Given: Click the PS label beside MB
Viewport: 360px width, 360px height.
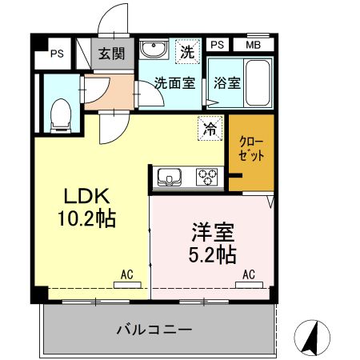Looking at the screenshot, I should [217, 46].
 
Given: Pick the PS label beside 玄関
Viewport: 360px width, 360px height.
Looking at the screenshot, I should [56, 54].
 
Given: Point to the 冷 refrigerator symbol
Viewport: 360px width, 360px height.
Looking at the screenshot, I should [208, 129].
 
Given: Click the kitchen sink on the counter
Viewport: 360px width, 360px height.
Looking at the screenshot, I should [170, 176].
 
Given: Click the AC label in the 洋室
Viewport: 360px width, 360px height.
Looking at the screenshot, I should [249, 275].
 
